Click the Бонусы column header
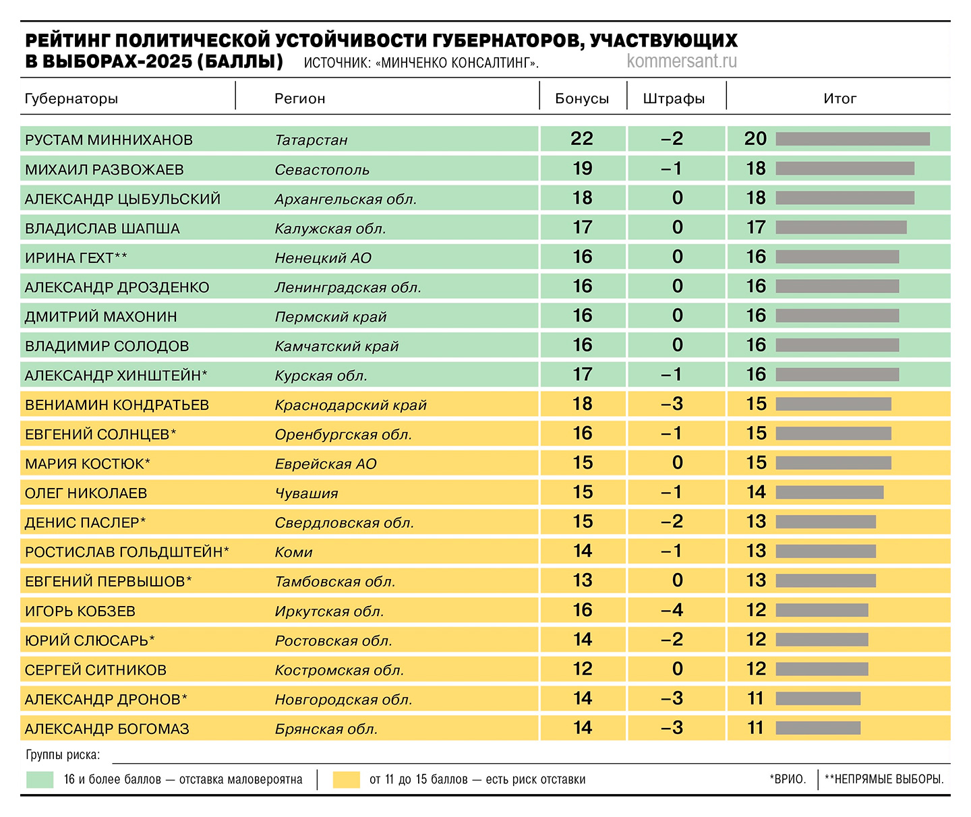point(582,98)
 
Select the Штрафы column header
point(674,98)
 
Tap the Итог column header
point(840,98)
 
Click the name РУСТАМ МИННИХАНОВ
point(109,140)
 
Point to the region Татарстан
point(311,140)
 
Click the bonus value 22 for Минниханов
point(582,139)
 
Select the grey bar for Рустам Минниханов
point(853,139)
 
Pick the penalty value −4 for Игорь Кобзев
point(672,610)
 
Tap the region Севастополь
point(322,170)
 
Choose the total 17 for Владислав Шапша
point(756,227)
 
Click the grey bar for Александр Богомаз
point(818,728)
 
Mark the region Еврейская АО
point(326,464)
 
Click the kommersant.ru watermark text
point(682,61)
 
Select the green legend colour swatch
point(40,780)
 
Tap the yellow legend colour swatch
point(347,780)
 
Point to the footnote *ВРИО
point(788,779)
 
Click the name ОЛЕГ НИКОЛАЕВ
point(86,493)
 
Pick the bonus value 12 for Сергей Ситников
point(582,669)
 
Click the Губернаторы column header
point(71,98)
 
